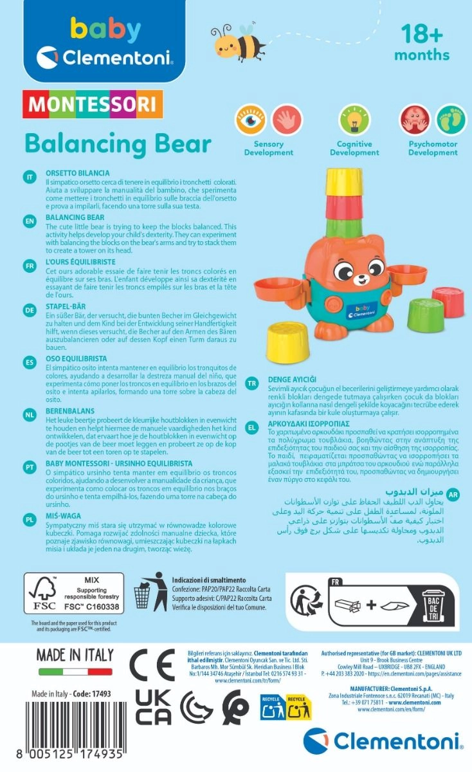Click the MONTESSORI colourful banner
[93, 104]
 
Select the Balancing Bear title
[118, 143]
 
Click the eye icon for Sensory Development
[250, 120]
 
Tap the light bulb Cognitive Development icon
[354, 120]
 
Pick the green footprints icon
[452, 120]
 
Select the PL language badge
[29, 519]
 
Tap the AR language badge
[453, 495]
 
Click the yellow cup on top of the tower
[343, 183]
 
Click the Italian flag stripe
[75, 672]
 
